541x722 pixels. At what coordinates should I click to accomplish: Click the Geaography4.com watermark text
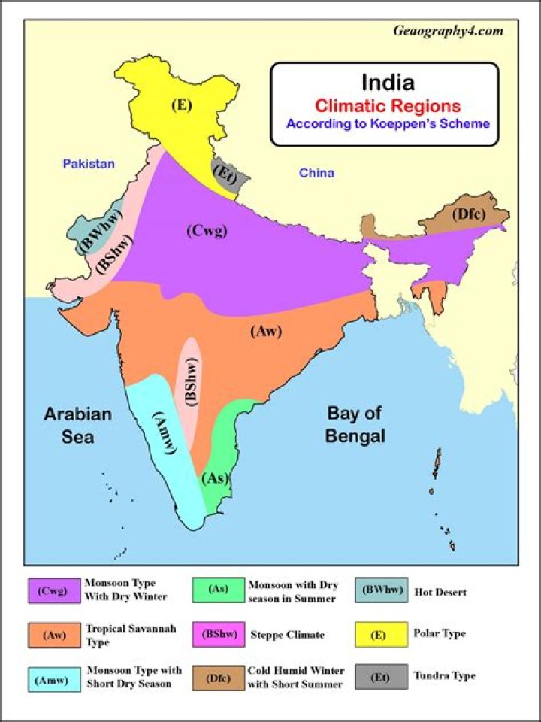click(447, 32)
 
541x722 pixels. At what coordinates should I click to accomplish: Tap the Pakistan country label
click(89, 163)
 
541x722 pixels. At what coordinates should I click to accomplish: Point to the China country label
click(316, 173)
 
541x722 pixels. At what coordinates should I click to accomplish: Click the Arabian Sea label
click(77, 425)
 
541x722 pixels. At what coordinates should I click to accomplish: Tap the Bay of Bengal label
click(355, 424)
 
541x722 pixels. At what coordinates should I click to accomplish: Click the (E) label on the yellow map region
click(180, 105)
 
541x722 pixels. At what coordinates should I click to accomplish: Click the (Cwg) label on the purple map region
click(206, 231)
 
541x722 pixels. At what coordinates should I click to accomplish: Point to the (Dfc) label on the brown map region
click(469, 214)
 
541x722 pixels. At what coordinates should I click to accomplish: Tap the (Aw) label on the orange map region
click(265, 331)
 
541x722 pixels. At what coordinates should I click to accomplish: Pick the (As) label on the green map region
click(216, 478)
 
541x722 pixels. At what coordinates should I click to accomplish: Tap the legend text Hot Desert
click(440, 592)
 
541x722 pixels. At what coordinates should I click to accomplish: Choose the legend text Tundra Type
click(445, 675)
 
